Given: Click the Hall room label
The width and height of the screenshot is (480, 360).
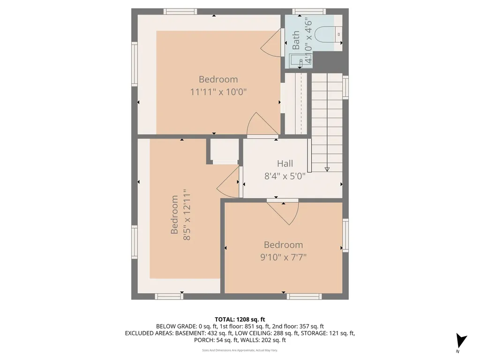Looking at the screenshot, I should point(285,164).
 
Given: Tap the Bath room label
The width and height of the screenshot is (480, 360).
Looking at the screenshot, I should point(296,40).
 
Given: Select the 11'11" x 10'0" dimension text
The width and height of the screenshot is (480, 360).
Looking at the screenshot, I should point(218,92).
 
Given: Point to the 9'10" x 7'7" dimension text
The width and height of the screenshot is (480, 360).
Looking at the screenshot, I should point(283,257).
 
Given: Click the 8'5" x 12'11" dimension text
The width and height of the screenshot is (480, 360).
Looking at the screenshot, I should point(187,215).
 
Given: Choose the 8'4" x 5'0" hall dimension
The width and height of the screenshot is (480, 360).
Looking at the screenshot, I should point(285,176).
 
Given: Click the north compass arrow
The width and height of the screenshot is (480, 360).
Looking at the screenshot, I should point(461,340).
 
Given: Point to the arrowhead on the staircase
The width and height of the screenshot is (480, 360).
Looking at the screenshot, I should point(327,169).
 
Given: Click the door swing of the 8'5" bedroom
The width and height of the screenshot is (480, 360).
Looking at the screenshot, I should point(229,184).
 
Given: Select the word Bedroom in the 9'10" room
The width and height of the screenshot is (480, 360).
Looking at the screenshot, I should point(283,245).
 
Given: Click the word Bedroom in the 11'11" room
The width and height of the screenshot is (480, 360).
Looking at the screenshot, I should point(218,79).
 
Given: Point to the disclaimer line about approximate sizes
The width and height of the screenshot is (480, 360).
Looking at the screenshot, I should point(240,350).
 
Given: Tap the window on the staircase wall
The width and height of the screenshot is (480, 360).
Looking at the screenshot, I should point(345,88).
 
